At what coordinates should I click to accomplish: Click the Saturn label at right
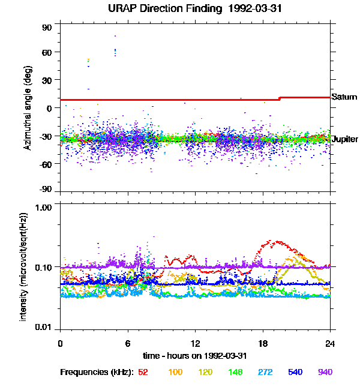click(344, 97)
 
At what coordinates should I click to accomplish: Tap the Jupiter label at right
click(345, 139)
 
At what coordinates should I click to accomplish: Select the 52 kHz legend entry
click(143, 372)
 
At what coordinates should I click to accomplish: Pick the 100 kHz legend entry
click(175, 372)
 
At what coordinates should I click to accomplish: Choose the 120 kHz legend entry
click(205, 372)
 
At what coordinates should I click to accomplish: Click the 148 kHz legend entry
click(235, 372)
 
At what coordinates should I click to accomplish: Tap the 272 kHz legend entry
click(265, 372)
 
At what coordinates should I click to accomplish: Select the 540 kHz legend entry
click(295, 372)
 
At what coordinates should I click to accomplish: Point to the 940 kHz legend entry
click(325, 372)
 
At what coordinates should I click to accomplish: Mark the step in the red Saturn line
click(280, 98)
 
